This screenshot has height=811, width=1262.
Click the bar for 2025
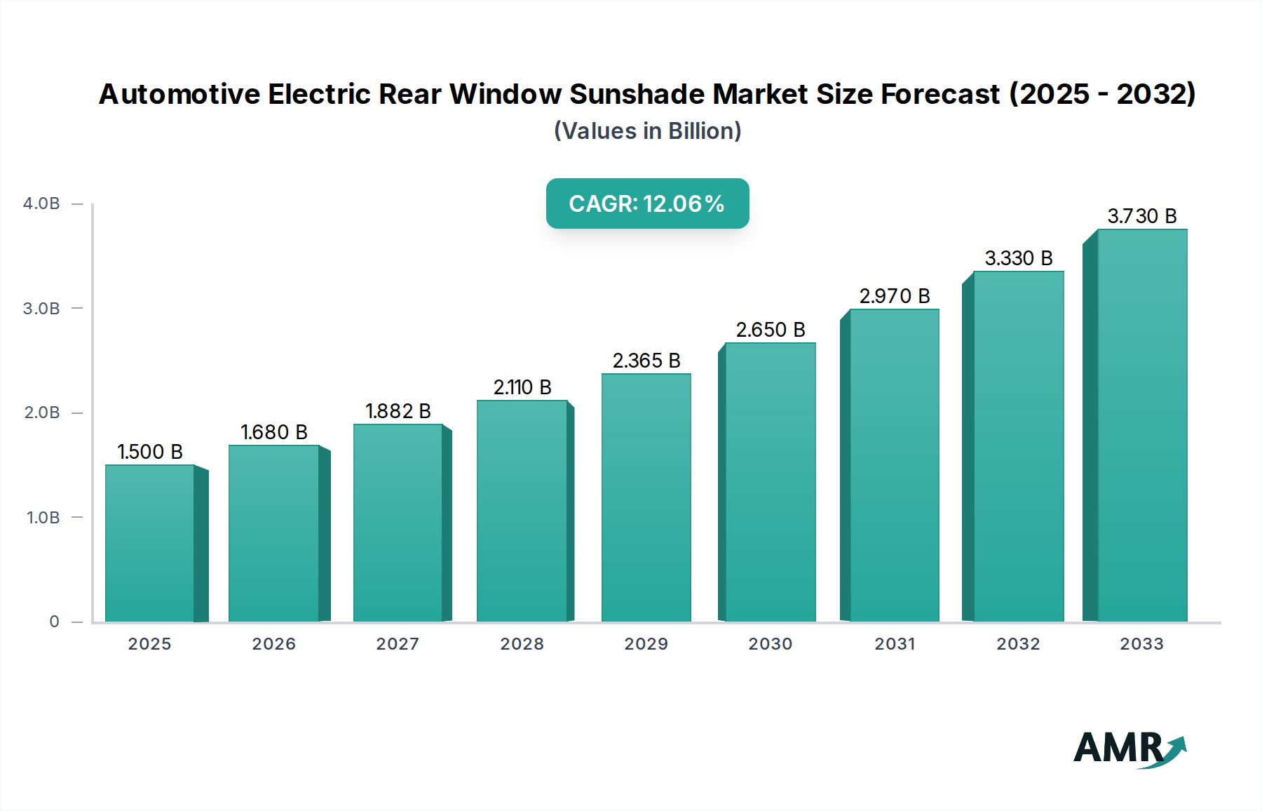tap(149, 543)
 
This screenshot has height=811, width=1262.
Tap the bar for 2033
tap(1142, 425)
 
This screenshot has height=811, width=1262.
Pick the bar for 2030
tap(770, 482)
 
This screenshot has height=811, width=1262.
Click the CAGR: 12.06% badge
tap(647, 203)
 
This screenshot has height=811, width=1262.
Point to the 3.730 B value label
tap(1142, 216)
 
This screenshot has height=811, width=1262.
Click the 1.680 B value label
tap(274, 432)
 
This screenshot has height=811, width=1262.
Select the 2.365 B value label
tap(646, 361)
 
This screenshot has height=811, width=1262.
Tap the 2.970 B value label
tap(895, 296)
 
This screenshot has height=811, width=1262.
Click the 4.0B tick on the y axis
tap(41, 203)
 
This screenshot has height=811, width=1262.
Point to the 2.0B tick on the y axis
tap(42, 413)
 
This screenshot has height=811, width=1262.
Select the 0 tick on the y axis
tap(54, 622)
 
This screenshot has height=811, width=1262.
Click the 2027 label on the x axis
tap(398, 644)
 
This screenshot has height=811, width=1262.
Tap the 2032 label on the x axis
tap(1018, 644)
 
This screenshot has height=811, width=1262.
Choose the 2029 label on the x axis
tap(646, 644)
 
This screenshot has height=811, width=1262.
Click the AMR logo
tap(1129, 749)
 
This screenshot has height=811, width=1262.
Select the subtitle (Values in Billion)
tap(647, 131)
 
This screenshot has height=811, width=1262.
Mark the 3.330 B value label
tap(1019, 258)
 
